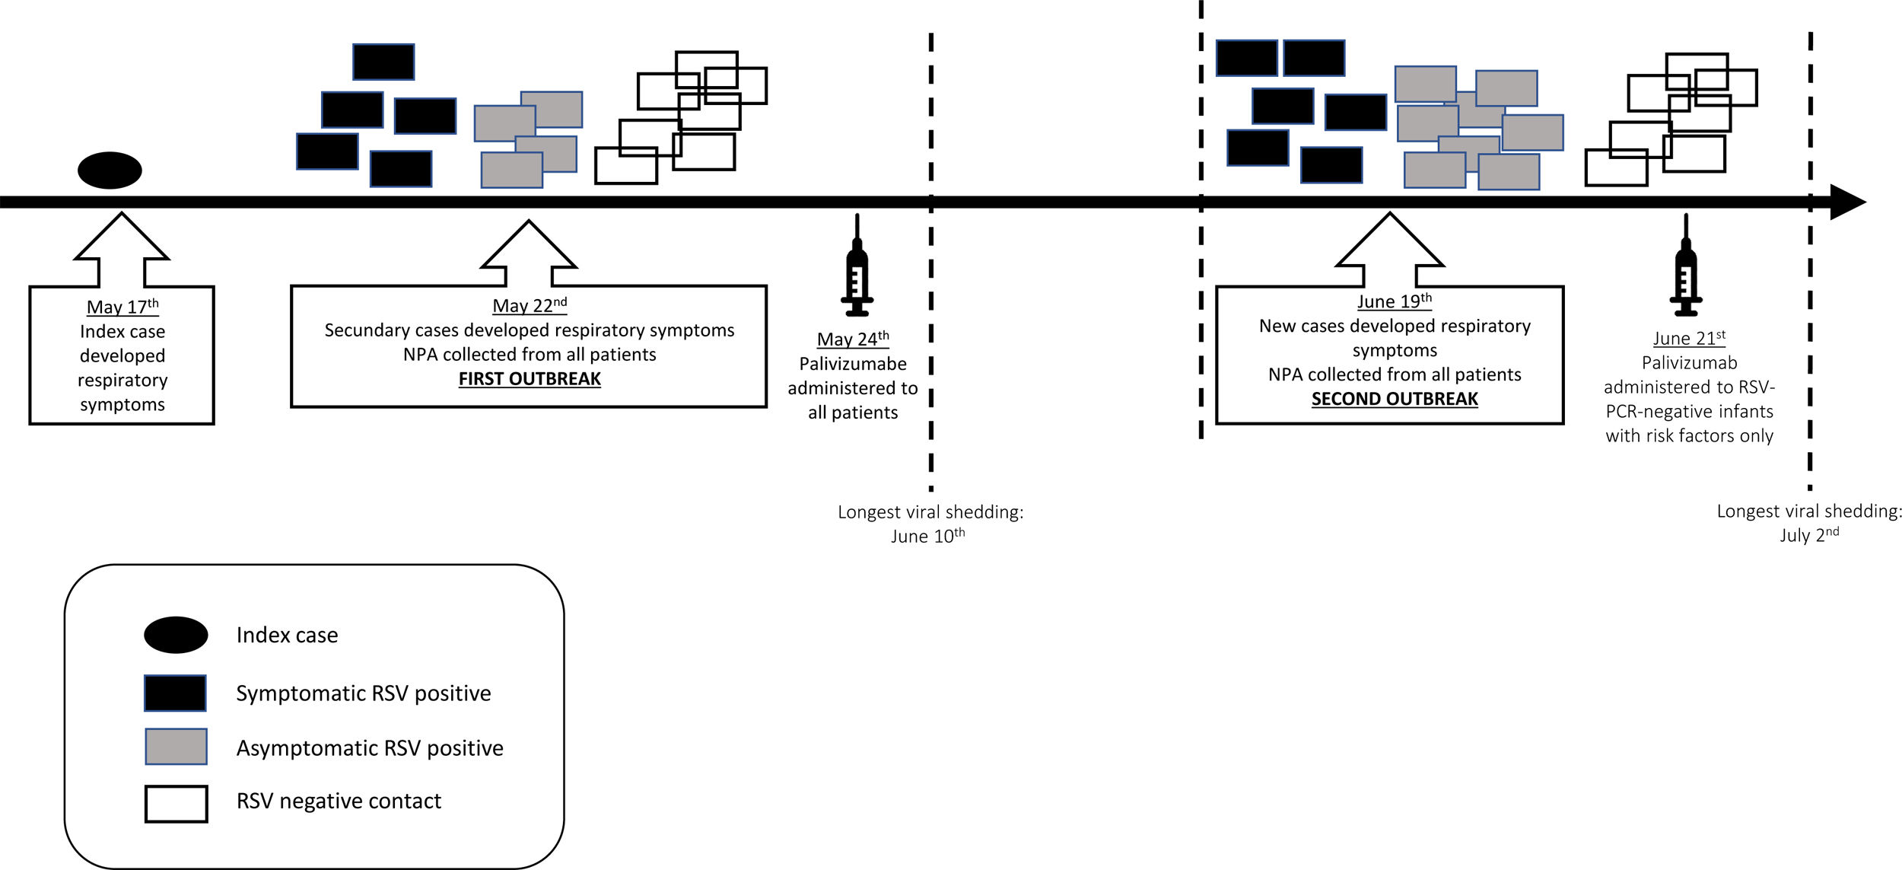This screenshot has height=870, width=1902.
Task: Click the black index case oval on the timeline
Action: tap(110, 170)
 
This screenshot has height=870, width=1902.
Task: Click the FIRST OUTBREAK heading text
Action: tap(530, 379)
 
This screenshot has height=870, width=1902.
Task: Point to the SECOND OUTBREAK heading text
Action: tap(1395, 399)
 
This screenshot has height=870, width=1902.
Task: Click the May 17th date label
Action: tap(122, 307)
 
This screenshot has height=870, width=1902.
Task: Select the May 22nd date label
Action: tap(530, 305)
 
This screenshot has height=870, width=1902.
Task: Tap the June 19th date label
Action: tap(1395, 301)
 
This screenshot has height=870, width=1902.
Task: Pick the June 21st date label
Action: tap(1689, 338)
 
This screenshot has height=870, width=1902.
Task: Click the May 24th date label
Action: tap(853, 339)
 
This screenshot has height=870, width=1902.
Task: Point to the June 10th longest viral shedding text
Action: tap(930, 524)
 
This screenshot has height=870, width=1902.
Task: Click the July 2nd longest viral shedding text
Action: tap(1809, 523)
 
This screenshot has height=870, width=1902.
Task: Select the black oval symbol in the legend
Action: tap(176, 635)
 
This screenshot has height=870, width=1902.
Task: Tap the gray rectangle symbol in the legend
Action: tap(176, 747)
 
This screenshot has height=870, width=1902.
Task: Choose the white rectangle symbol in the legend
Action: tap(176, 804)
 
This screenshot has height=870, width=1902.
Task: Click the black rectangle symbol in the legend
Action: tap(175, 693)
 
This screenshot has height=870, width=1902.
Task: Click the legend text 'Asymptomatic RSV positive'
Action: tap(370, 748)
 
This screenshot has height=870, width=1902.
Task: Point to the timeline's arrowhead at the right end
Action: tap(1847, 202)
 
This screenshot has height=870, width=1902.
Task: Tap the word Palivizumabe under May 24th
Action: tap(853, 364)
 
